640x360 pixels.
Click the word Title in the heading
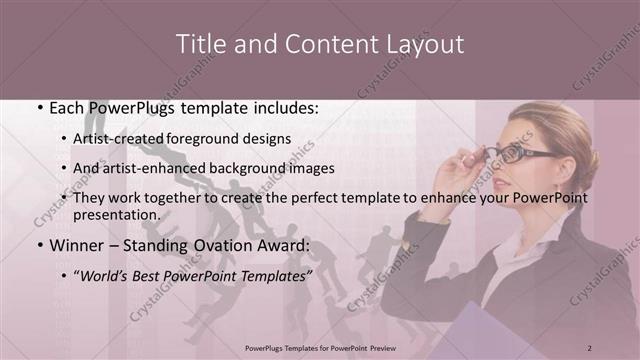(200, 45)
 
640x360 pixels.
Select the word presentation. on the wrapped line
(117, 214)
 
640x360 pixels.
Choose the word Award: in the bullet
(286, 245)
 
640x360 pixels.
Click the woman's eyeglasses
(521, 154)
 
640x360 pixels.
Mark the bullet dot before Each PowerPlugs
(39, 108)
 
